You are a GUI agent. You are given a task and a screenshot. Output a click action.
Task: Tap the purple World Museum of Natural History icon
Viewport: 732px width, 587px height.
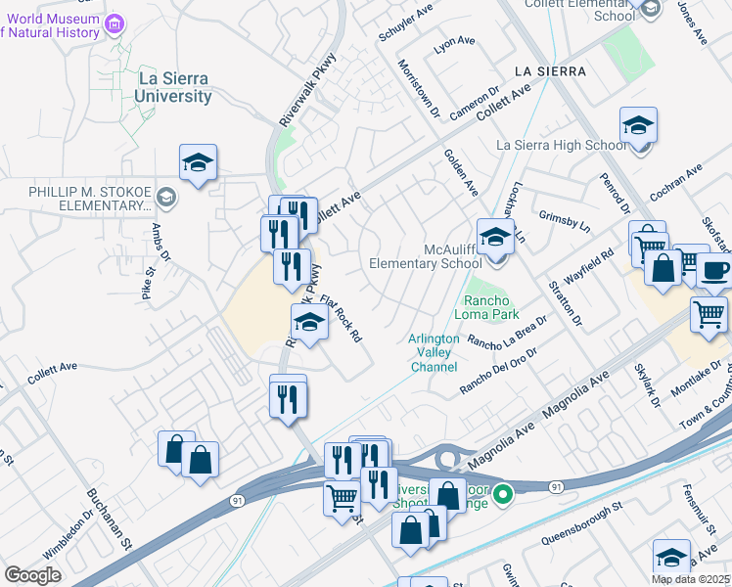(x=114, y=23)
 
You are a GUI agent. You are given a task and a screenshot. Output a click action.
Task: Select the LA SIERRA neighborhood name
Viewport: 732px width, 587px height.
(x=549, y=71)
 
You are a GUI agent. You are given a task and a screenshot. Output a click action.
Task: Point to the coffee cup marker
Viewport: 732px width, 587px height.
(x=714, y=271)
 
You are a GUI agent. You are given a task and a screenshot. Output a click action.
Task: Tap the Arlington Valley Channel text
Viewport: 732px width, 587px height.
(x=433, y=353)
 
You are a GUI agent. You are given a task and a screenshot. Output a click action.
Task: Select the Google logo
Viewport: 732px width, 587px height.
(x=32, y=575)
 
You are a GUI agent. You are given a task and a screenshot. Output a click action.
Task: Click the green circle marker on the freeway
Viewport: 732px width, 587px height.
(x=503, y=493)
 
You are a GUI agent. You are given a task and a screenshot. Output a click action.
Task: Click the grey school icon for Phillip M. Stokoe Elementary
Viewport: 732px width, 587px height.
(x=165, y=199)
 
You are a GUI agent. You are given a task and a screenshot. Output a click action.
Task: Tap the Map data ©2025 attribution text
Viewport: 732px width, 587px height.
(x=690, y=579)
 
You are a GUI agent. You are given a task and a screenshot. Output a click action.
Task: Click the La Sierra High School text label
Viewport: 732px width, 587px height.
(x=562, y=145)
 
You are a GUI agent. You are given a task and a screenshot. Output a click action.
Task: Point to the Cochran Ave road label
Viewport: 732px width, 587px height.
(x=676, y=183)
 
